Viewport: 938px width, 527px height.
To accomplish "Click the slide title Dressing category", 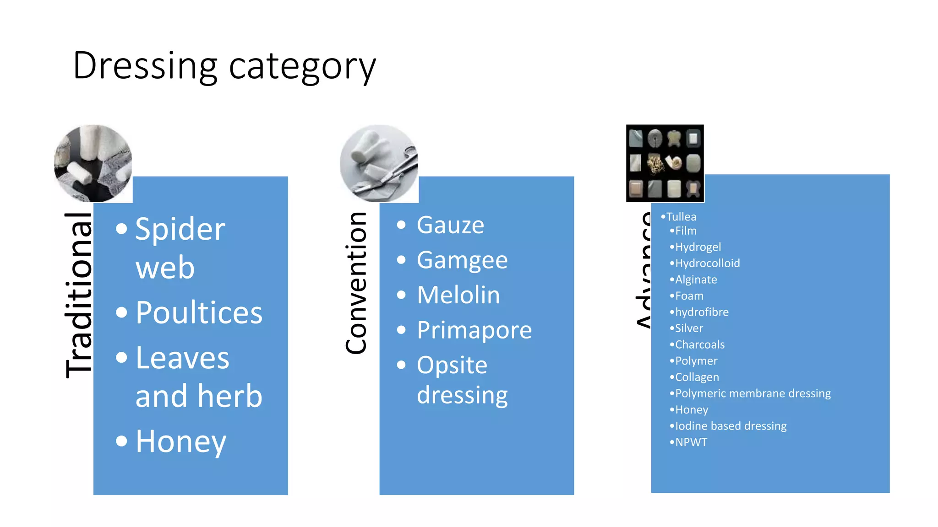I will [x=224, y=66].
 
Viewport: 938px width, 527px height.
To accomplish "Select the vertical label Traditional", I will [x=79, y=295].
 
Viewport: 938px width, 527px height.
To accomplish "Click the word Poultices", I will [x=199, y=313].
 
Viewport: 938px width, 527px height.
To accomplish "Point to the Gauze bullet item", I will [x=450, y=225].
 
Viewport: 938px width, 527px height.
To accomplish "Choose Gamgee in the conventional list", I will [x=462, y=260].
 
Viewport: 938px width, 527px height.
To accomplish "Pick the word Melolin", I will [x=458, y=295].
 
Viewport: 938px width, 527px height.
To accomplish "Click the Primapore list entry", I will [x=474, y=330].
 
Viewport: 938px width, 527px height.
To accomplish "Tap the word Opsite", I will [x=452, y=365].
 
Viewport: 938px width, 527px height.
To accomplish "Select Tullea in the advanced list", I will [x=681, y=217].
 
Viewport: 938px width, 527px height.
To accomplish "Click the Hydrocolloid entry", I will [x=707, y=263].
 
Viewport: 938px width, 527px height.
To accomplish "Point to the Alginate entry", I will [x=696, y=280].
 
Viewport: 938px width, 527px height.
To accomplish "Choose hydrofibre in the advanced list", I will [x=702, y=312].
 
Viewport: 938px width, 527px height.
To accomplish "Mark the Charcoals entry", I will [x=699, y=344].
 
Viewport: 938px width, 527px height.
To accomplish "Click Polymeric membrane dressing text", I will [x=753, y=393].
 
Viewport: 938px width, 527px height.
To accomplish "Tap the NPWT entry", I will [x=691, y=442].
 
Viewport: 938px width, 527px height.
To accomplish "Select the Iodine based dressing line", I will [x=731, y=426].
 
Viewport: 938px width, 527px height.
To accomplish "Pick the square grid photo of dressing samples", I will [x=665, y=163].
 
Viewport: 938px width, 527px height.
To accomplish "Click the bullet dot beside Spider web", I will [x=121, y=229].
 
